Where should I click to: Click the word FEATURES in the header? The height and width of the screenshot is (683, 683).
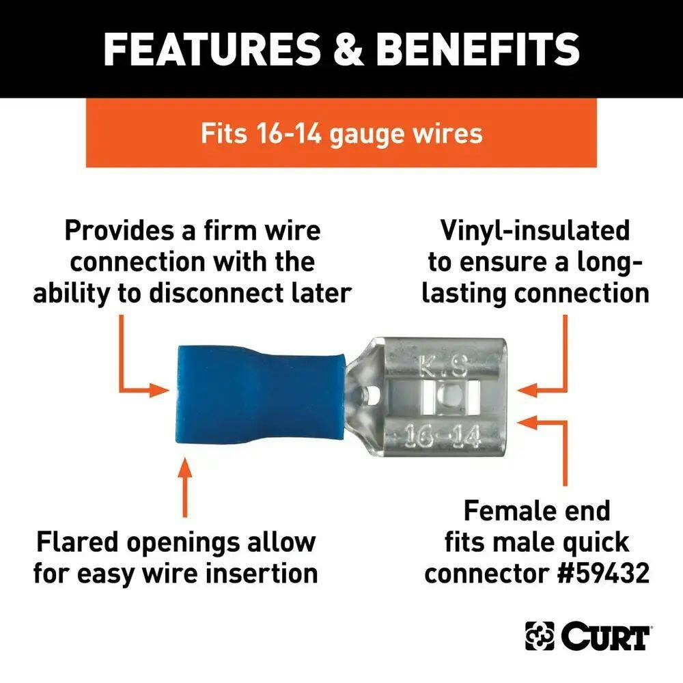click(211, 48)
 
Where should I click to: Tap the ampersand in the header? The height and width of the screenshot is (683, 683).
click(348, 48)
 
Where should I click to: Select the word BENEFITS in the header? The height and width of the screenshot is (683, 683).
click(478, 48)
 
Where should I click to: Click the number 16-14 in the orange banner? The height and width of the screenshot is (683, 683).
click(288, 133)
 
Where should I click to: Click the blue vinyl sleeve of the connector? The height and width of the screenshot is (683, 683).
click(260, 394)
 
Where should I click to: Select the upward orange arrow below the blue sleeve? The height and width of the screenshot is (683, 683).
click(184, 487)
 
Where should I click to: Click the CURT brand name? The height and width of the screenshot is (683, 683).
click(605, 637)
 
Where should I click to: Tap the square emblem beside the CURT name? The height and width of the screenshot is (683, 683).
click(540, 637)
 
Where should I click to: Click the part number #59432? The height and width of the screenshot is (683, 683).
click(604, 573)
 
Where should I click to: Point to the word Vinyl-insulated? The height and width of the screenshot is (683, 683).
click(535, 231)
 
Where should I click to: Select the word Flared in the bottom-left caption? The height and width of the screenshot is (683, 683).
click(78, 542)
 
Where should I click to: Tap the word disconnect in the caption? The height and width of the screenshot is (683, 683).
click(217, 293)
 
